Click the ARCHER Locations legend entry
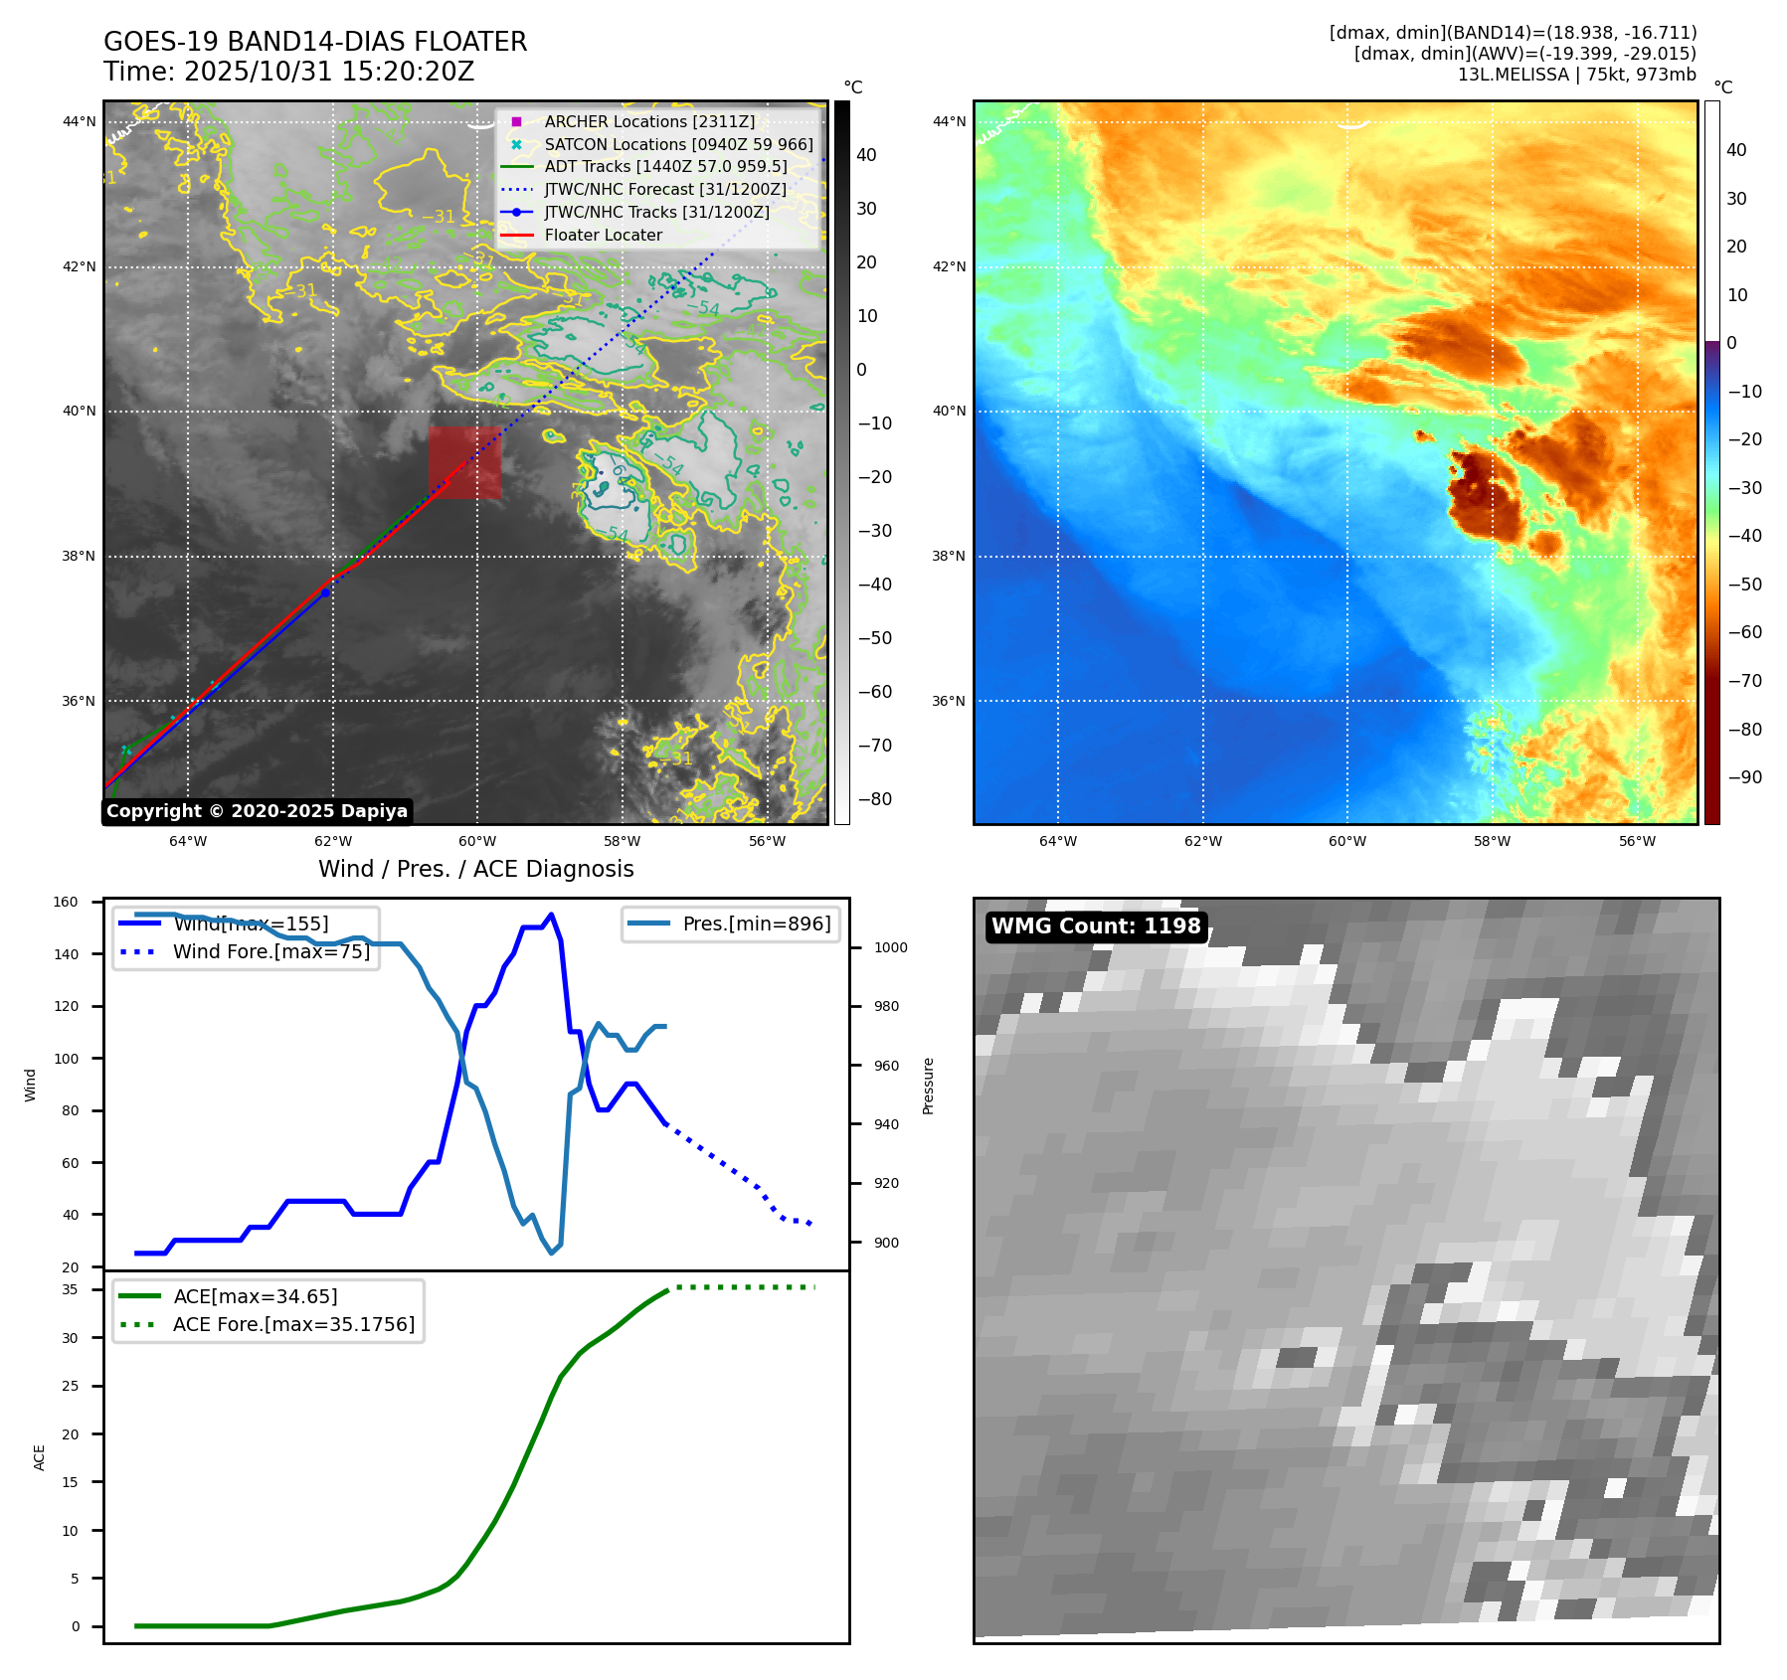tap(649, 121)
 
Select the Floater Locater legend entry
tap(603, 235)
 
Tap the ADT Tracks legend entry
tap(665, 166)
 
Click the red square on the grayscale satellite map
tap(464, 462)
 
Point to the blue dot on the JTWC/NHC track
tap(325, 592)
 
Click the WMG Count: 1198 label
tap(1096, 926)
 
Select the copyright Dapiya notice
tap(257, 811)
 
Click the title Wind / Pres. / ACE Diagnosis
tap(475, 869)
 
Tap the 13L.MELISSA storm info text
tap(1576, 75)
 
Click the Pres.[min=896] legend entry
tap(756, 924)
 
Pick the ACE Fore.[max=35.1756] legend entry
tap(293, 1324)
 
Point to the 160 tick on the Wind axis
tap(66, 902)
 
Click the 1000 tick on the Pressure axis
tap(890, 947)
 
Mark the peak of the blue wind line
tap(552, 915)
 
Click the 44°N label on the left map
tap(80, 122)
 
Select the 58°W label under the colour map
tap(1492, 841)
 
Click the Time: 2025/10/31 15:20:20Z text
tap(289, 72)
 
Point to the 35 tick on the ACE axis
tap(70, 1289)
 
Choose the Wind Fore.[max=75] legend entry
tap(270, 951)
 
